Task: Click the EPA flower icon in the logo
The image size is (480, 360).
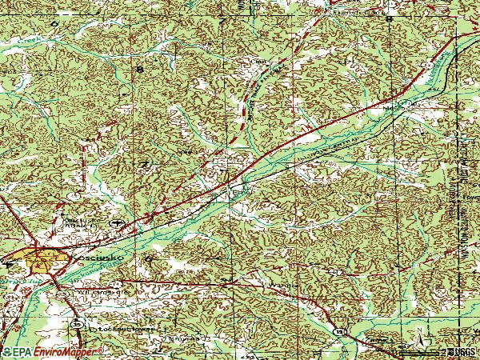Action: click(7, 352)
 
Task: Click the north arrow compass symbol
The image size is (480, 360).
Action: click(417, 337)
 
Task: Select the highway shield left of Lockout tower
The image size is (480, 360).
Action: click(76, 324)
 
